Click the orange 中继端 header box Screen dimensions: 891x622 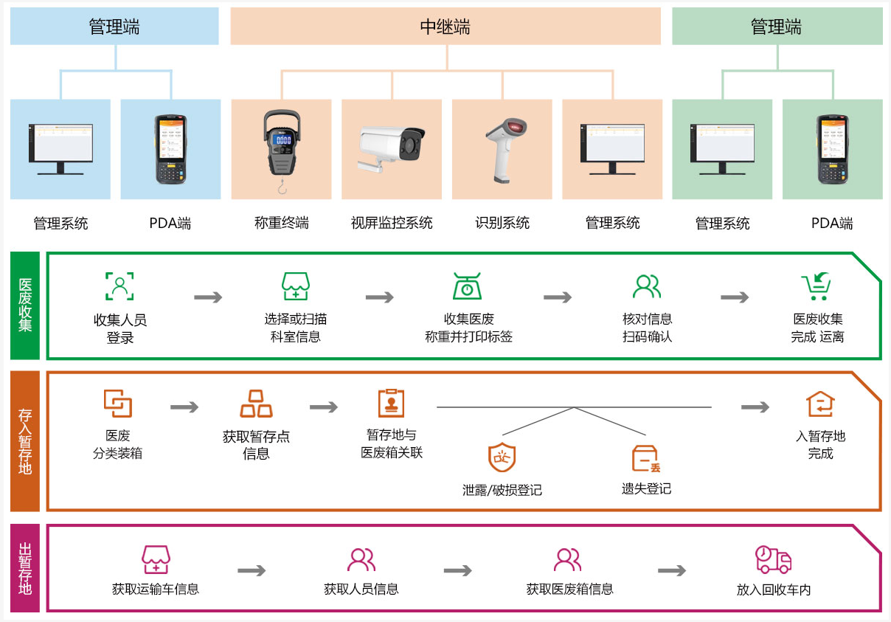coord(445,26)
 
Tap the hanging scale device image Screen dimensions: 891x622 coord(282,151)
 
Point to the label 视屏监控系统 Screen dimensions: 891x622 coord(392,223)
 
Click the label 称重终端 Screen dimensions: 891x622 coord(282,223)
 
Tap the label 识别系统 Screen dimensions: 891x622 coord(502,223)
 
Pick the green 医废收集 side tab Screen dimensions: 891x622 coord(25,305)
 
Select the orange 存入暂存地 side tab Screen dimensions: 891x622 coord(25,441)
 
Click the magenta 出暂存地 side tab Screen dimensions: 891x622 coord(25,568)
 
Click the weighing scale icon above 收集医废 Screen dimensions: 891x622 coord(468,286)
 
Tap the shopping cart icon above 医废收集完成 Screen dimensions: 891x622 coord(816,286)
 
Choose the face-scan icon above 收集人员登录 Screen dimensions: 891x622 coord(119,286)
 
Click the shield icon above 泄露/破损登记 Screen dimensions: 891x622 coord(502,457)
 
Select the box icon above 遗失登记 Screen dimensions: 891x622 coord(646,458)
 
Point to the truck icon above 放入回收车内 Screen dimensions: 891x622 coord(773,559)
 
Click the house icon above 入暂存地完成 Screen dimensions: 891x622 coord(820,404)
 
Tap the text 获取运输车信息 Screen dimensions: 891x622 coord(155,589)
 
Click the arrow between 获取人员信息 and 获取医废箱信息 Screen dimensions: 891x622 coord(458,570)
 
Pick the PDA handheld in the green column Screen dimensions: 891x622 coord(833,149)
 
